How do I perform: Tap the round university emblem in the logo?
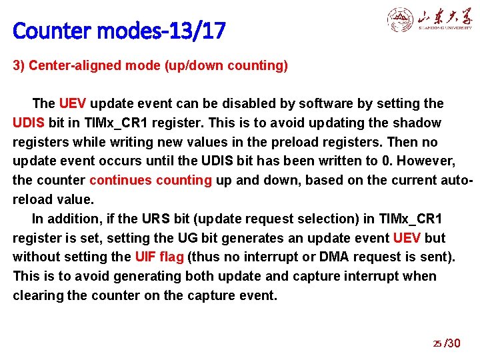[400, 20]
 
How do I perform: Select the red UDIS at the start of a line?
[29, 123]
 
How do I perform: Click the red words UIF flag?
[159, 257]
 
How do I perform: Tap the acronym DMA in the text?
[342, 257]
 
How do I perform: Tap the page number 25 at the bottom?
[437, 344]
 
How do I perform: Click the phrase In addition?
[61, 219]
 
